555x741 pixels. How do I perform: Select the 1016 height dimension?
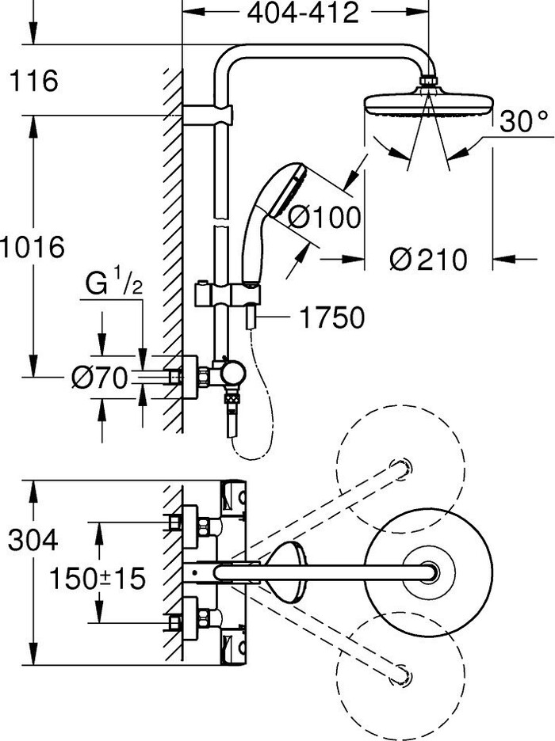33,247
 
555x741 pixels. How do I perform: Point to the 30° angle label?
524,121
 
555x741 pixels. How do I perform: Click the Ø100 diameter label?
323,217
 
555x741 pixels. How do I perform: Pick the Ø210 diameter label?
429,259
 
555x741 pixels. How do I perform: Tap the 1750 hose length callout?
332,318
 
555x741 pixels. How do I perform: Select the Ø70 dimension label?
99,379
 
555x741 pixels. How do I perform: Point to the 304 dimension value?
33,541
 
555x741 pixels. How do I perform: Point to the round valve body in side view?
234,373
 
